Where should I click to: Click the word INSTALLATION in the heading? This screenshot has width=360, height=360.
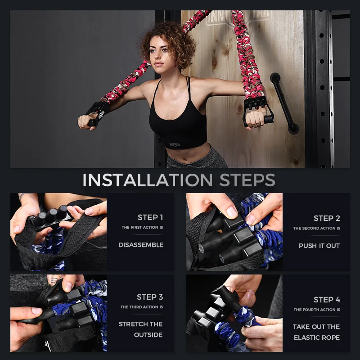pyautogui.click(x=148, y=180)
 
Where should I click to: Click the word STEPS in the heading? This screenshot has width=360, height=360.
pyautogui.click(x=247, y=180)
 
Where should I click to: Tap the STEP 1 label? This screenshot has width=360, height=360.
pyautogui.click(x=150, y=217)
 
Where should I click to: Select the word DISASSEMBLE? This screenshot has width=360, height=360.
pyautogui.click(x=141, y=245)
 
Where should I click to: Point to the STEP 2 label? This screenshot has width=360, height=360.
pyautogui.click(x=327, y=218)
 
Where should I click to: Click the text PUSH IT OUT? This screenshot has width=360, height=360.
pyautogui.click(x=319, y=246)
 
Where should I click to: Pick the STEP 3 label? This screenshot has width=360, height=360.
pyautogui.click(x=150, y=297)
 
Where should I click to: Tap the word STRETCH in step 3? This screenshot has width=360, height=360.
pyautogui.click(x=131, y=324)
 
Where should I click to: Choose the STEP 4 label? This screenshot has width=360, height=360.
pyautogui.click(x=327, y=300)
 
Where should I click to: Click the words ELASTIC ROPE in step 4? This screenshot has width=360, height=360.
pyautogui.click(x=317, y=337)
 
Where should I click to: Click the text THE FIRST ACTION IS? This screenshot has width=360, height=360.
pyautogui.click(x=142, y=227)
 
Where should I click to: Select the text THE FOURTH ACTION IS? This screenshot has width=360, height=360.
pyautogui.click(x=317, y=310)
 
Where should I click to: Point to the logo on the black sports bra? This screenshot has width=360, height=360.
pyautogui.click(x=175, y=144)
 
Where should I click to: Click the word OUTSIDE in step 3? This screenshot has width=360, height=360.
pyautogui.click(x=148, y=335)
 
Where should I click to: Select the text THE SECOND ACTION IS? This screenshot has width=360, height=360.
pyautogui.click(x=317, y=228)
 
